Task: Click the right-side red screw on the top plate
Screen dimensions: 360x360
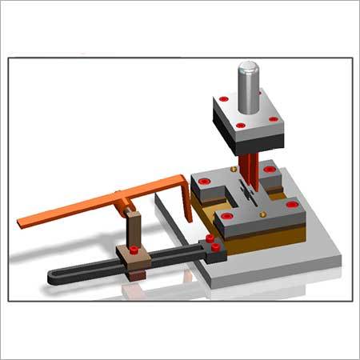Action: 274,120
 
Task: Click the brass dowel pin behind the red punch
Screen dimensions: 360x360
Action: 232,169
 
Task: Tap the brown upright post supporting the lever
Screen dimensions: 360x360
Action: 134,231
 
